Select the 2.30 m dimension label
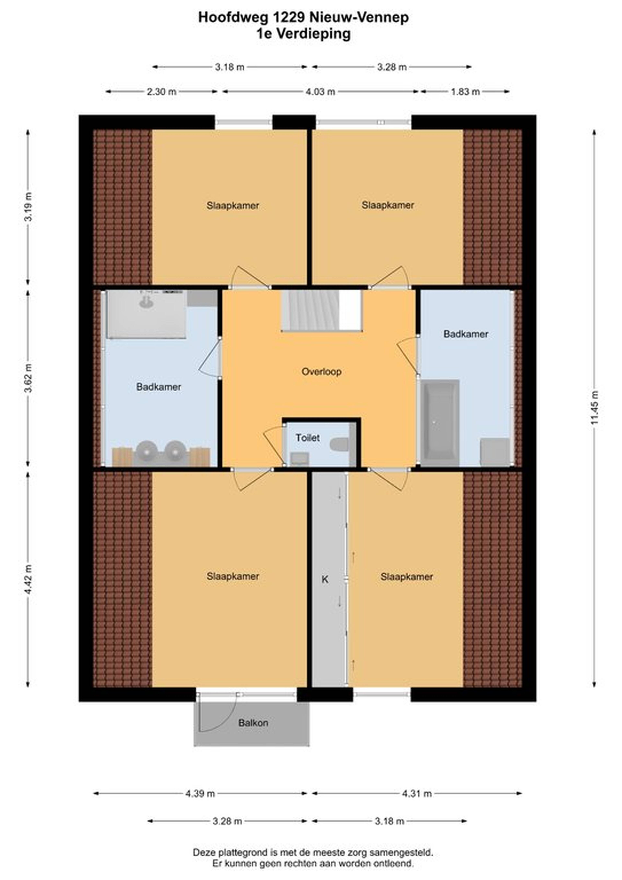click(162, 92)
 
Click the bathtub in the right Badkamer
click(440, 423)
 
